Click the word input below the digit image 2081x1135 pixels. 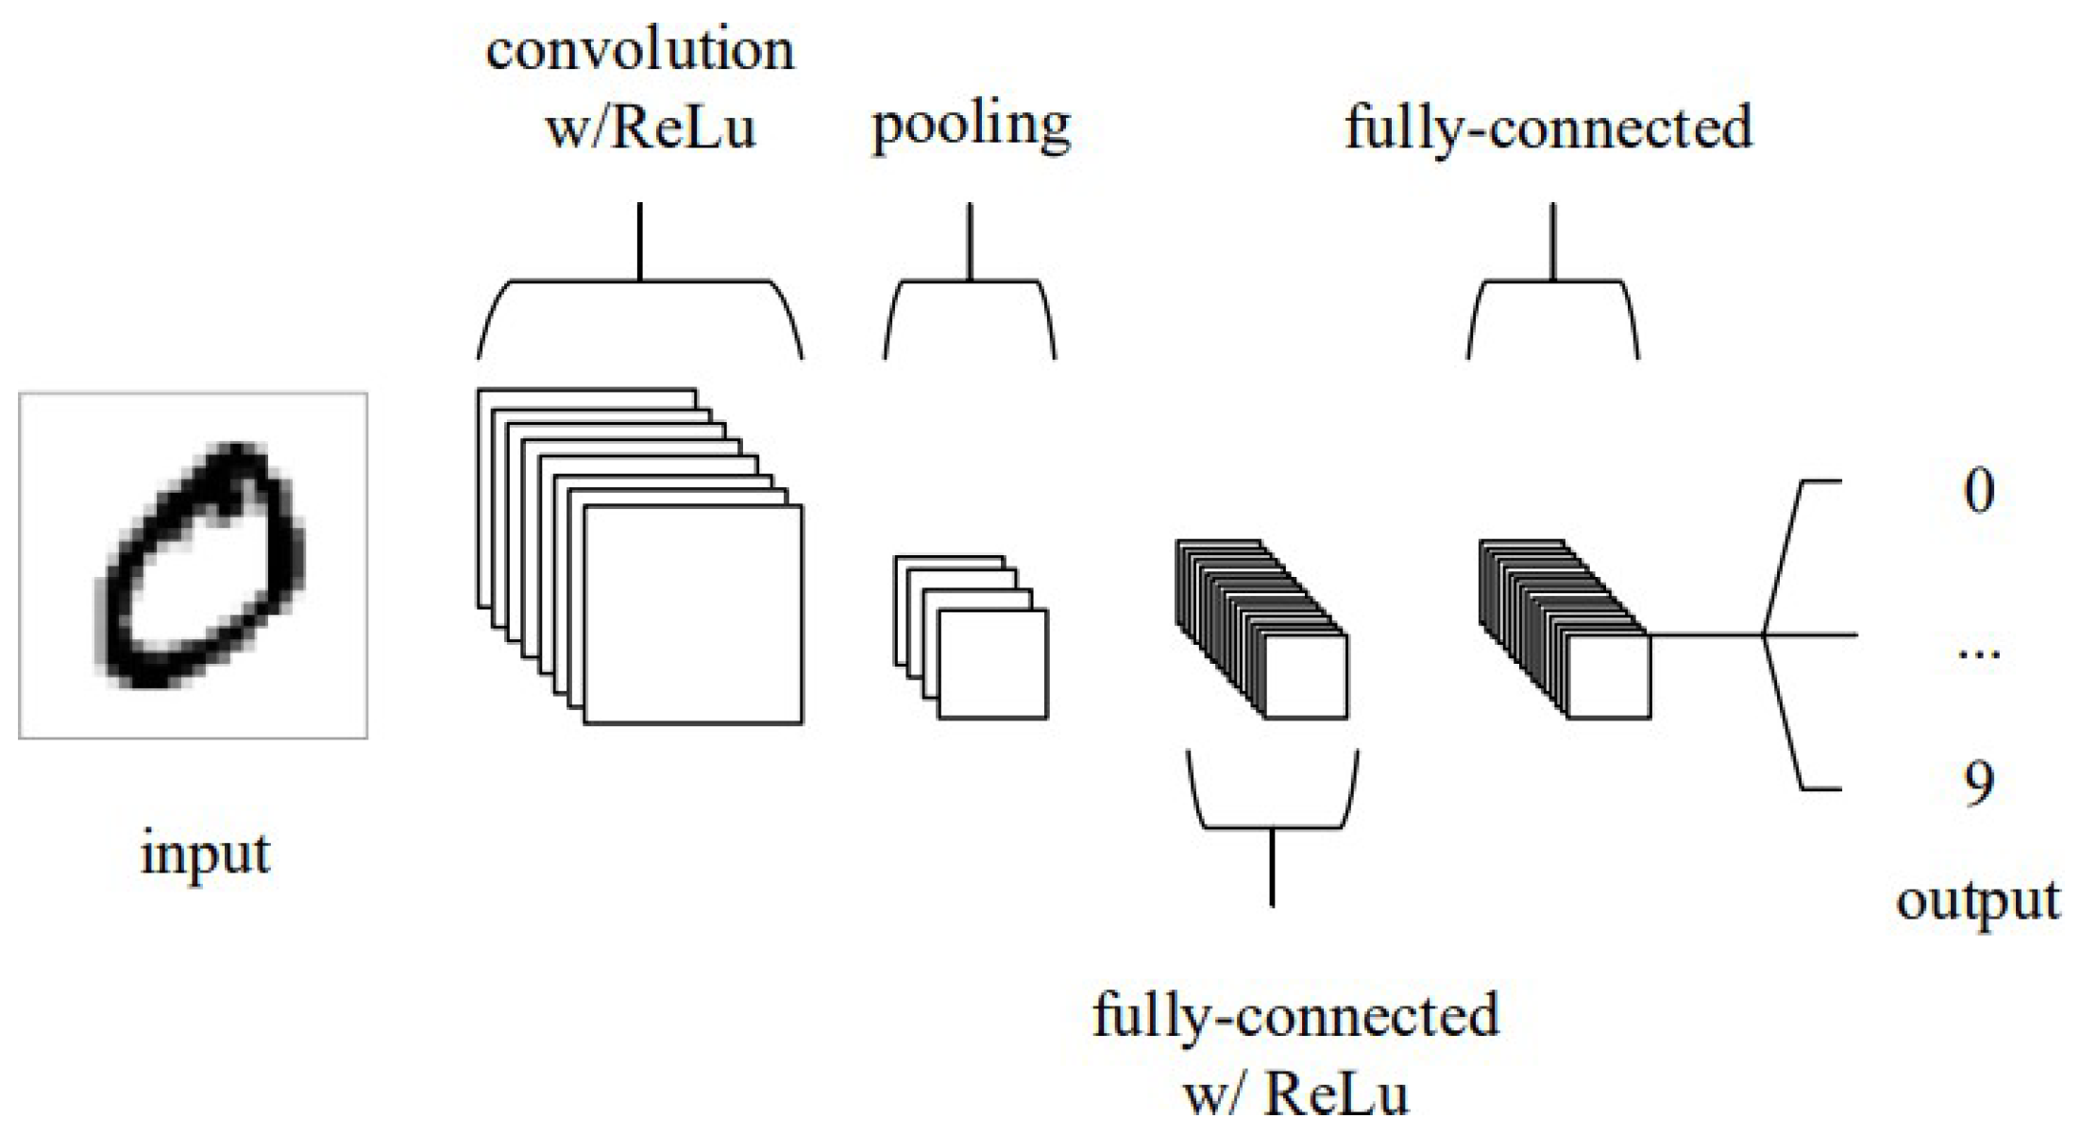205,855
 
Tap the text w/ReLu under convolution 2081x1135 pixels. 651,127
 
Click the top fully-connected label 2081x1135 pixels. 1548,127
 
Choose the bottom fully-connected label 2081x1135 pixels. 1295,1016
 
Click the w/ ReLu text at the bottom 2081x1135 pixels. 1295,1095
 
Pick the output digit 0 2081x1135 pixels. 1979,491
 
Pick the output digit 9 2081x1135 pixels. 1979,784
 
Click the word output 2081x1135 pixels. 1978,901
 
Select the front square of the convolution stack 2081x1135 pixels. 693,615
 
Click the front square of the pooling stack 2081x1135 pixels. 992,664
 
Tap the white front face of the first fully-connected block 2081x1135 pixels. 1306,676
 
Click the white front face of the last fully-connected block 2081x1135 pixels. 1609,676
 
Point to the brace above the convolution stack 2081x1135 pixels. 640,281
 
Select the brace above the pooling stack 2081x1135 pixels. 970,281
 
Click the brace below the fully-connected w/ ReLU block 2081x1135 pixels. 1272,827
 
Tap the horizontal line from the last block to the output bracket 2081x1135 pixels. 1705,635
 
